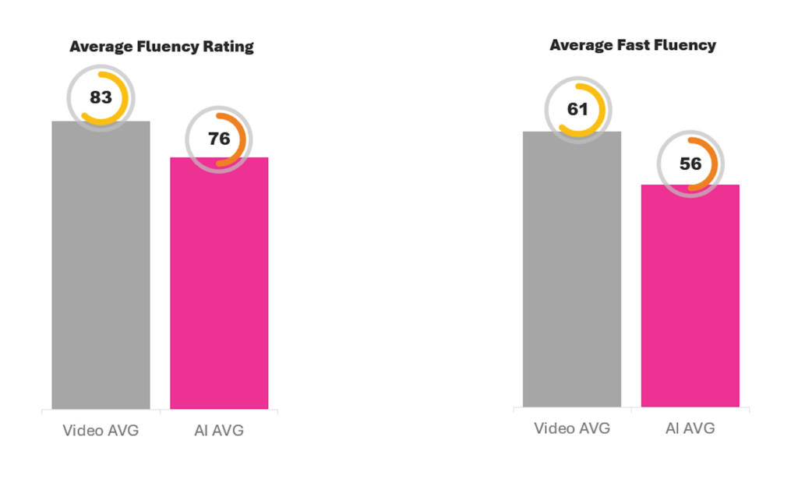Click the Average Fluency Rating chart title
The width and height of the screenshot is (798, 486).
pos(161,47)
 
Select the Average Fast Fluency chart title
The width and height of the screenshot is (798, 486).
pos(632,45)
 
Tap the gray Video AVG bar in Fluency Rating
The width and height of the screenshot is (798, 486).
pos(101,273)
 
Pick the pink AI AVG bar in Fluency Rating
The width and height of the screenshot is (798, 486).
pos(219,288)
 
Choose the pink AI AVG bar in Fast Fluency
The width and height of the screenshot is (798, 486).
pos(690,300)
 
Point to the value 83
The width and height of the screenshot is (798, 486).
pos(100,98)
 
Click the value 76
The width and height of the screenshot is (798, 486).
pos(219,139)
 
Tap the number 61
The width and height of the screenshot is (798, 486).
pos(577,110)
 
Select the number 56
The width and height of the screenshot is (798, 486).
pos(690,164)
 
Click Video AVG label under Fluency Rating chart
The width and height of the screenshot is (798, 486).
pos(101,430)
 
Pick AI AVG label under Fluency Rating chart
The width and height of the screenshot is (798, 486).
pos(219,430)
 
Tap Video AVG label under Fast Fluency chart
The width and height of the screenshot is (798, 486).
pos(571,428)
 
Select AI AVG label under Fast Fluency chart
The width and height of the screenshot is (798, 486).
pos(690,428)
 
